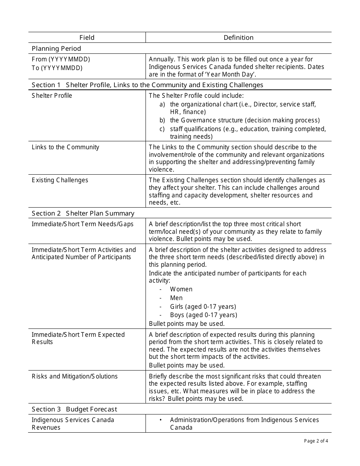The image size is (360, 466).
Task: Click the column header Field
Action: click(87, 38)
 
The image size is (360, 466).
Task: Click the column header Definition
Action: click(238, 38)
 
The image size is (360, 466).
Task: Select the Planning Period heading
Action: click(56, 48)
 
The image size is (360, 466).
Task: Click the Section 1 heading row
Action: click(147, 85)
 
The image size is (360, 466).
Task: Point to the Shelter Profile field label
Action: click(52, 95)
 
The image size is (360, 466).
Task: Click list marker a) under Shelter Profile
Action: click(162, 104)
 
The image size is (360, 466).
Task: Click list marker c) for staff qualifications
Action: click(162, 129)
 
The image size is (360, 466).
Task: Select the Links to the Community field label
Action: click(66, 147)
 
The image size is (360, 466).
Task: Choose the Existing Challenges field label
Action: click(60, 180)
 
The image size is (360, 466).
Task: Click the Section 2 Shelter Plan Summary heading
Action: click(83, 213)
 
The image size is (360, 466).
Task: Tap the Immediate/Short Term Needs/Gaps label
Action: click(83, 224)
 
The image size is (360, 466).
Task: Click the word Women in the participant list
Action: click(181, 289)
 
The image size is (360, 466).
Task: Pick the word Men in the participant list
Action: click(176, 298)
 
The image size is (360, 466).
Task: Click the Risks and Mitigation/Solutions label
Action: click(75, 376)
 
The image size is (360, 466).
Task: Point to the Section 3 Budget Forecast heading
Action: click(75, 409)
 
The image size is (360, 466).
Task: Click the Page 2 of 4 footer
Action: click(316, 441)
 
